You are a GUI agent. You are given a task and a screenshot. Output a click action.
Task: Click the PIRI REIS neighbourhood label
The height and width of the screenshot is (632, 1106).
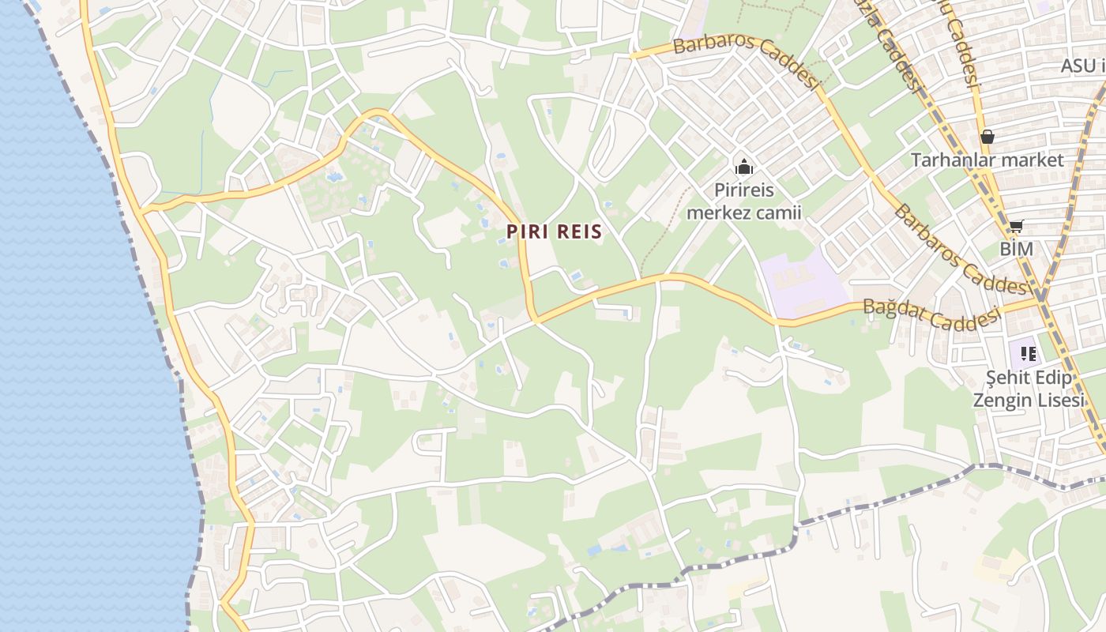(555, 231)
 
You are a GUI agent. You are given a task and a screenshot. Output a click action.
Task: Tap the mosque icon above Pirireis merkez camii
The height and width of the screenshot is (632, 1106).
(743, 167)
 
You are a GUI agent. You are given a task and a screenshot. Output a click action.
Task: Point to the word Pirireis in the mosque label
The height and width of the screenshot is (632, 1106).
(744, 190)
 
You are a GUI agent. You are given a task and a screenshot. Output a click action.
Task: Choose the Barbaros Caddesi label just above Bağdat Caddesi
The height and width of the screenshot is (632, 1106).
(959, 250)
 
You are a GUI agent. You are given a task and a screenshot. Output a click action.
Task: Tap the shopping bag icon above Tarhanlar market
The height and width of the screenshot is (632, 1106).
(987, 137)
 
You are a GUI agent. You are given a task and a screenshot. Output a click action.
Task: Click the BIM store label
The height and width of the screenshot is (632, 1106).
(1016, 249)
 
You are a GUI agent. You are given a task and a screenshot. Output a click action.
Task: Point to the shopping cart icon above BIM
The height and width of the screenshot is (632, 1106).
(1016, 227)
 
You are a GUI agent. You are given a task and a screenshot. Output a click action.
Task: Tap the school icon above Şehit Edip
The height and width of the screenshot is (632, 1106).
(1028, 353)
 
